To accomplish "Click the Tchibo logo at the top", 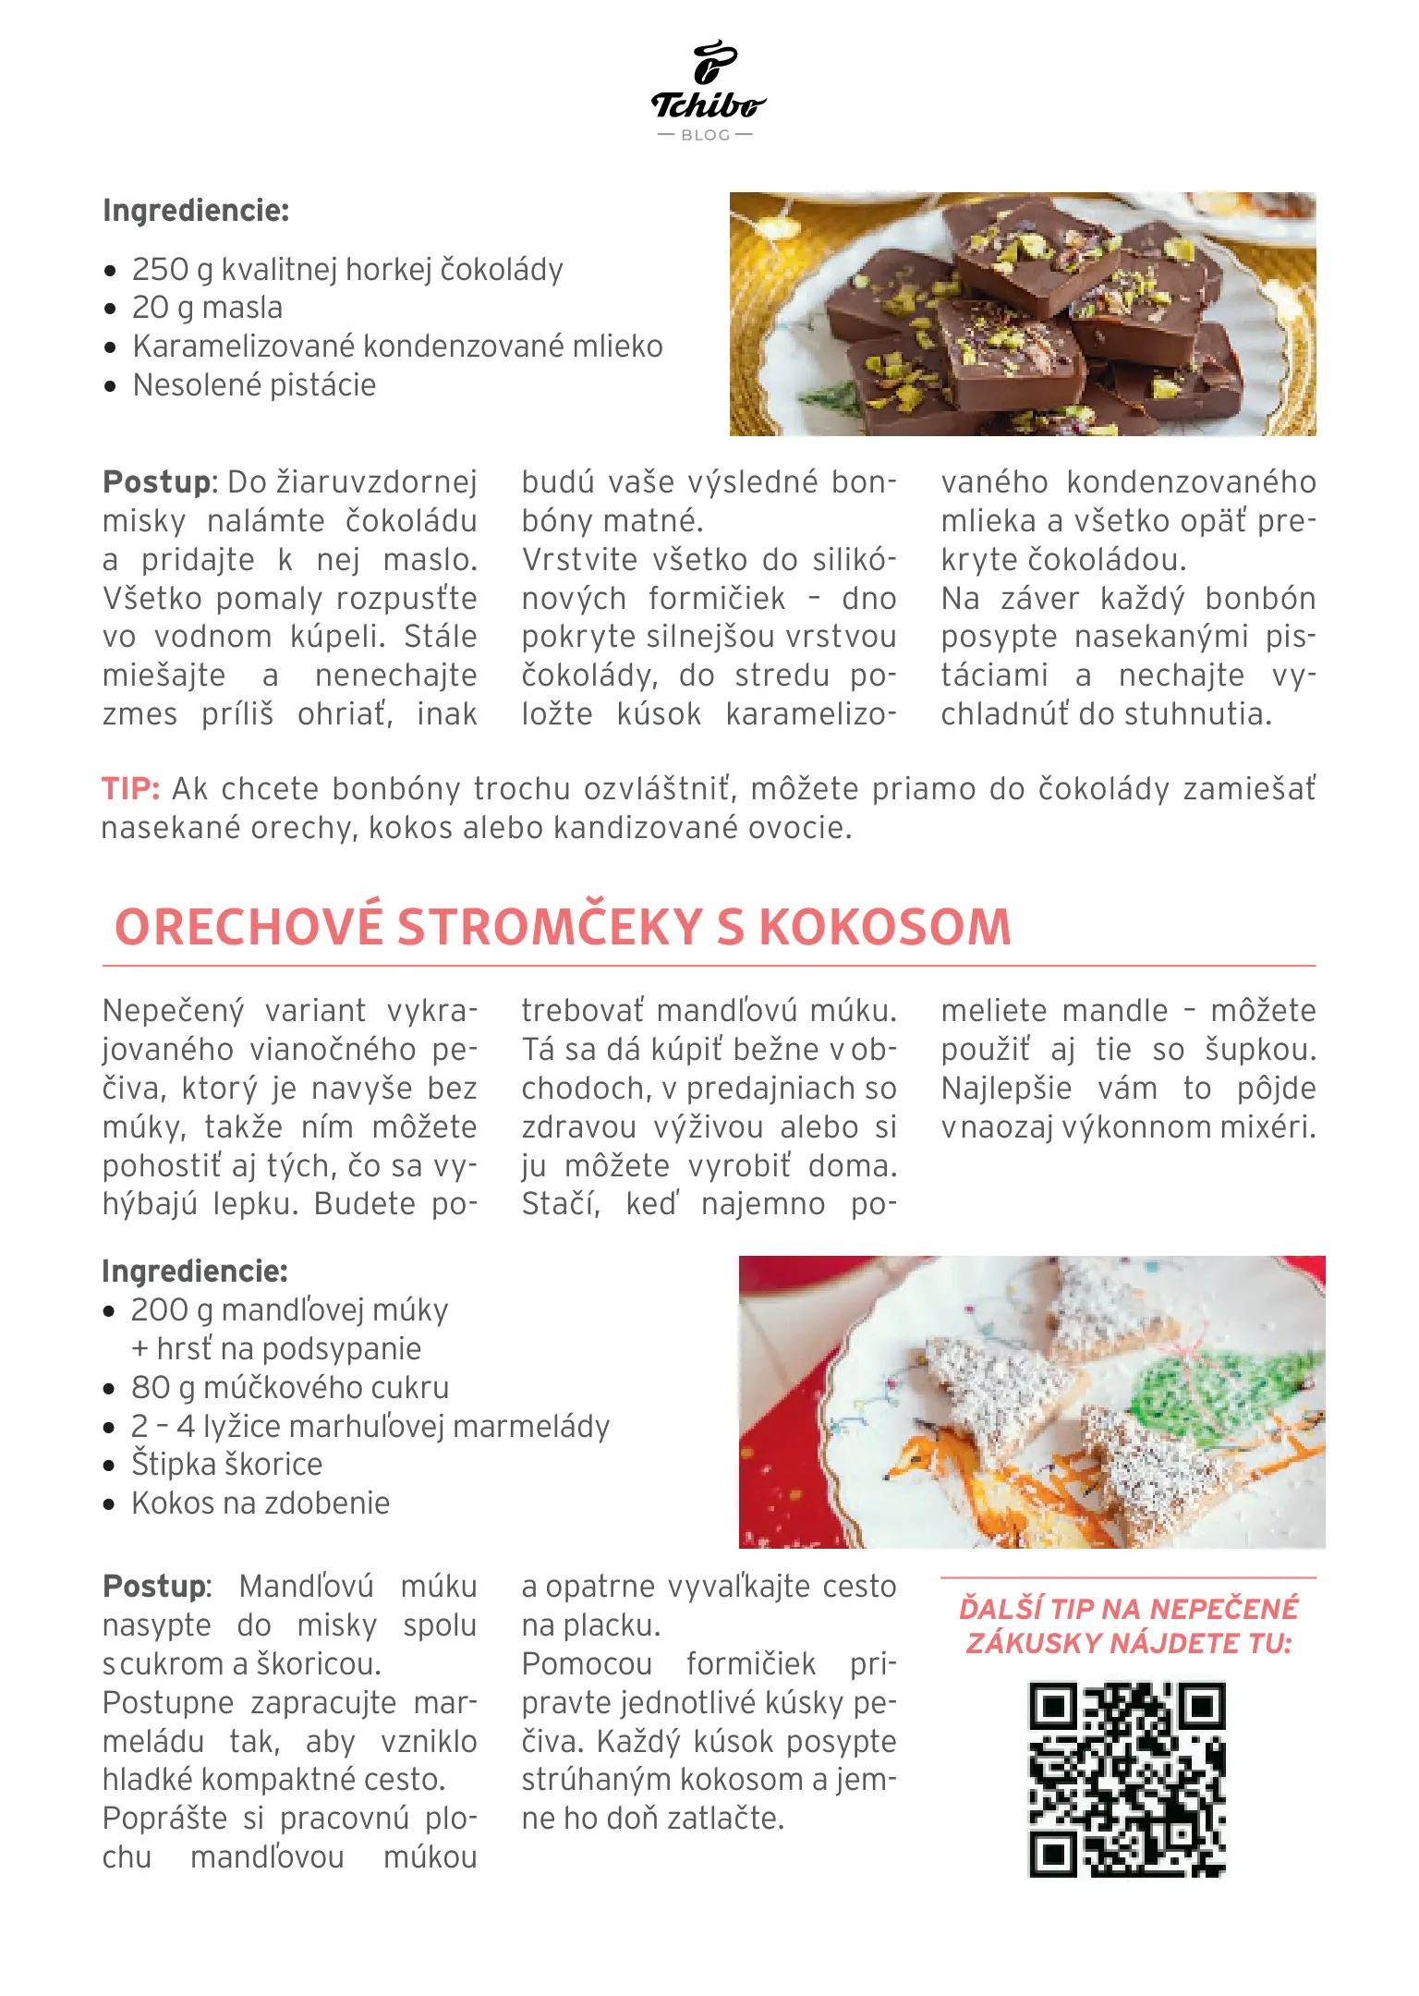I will tap(708, 83).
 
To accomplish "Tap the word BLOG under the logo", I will tap(706, 135).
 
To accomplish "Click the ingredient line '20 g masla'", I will tap(207, 308).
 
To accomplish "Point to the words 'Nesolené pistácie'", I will tap(254, 385).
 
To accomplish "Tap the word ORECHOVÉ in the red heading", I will tap(249, 927).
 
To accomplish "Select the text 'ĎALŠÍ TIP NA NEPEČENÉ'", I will tap(1128, 1609).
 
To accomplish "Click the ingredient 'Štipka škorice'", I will tap(226, 1465).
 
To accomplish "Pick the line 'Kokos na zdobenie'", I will tap(261, 1503).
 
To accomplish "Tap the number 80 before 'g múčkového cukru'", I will tap(150, 1388).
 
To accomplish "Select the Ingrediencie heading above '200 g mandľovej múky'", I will tap(195, 1272).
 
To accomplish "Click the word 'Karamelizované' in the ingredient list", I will tap(244, 347).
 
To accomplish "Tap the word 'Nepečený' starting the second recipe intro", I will tap(173, 1011).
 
